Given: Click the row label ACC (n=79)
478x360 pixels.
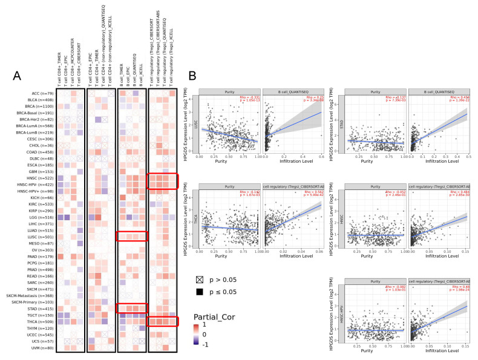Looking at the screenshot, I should pos(41,93).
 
